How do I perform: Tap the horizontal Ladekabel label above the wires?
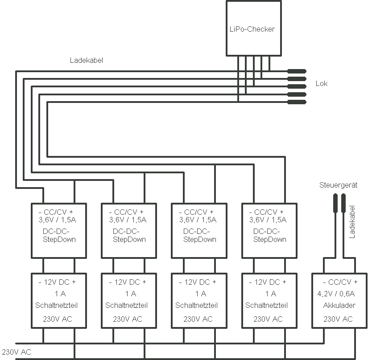coord(87,60)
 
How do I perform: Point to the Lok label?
coord(322,83)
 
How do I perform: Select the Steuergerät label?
coord(339,185)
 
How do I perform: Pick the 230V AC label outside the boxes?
coord(17,352)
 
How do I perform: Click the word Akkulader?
coord(339,306)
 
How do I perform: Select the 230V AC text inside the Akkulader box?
coord(338,319)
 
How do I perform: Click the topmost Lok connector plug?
coord(296,71)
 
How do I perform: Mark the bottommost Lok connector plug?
coord(296,102)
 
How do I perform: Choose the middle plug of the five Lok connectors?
coord(296,86)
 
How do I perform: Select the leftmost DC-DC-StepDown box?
coord(58,230)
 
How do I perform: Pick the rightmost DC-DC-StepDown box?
coord(269,230)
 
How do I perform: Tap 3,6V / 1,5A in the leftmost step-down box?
coord(58,220)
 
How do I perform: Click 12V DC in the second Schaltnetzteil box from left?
coord(128,282)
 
